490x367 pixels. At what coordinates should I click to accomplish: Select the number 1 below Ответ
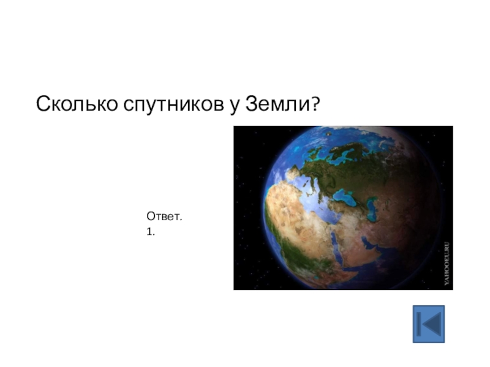pos(149,232)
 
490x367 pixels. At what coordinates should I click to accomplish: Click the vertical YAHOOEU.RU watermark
pos(447,263)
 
